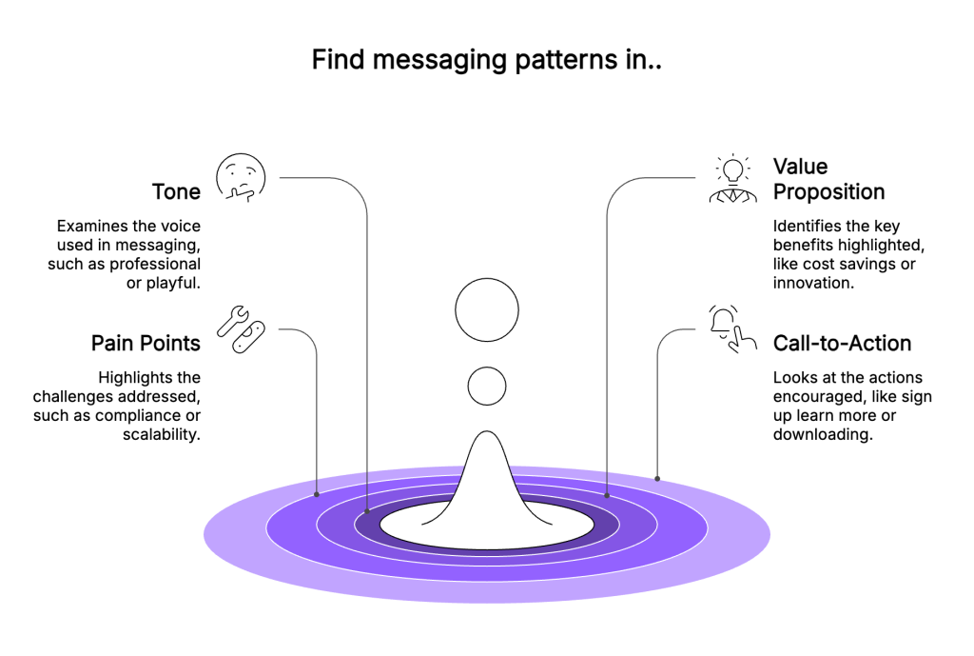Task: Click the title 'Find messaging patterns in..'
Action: (x=486, y=61)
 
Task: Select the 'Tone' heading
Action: (x=176, y=191)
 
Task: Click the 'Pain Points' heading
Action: (x=146, y=343)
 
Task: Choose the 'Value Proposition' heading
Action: (x=828, y=179)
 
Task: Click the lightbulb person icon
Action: (x=733, y=179)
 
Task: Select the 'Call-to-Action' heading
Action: (x=842, y=343)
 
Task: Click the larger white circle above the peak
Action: (x=487, y=310)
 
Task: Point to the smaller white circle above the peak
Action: (x=487, y=386)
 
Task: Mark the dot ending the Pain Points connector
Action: (x=317, y=494)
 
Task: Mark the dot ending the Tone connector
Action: (x=366, y=512)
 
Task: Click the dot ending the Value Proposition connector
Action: (x=607, y=495)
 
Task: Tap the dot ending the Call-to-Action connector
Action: (x=656, y=477)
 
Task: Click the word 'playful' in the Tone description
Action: (x=172, y=282)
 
